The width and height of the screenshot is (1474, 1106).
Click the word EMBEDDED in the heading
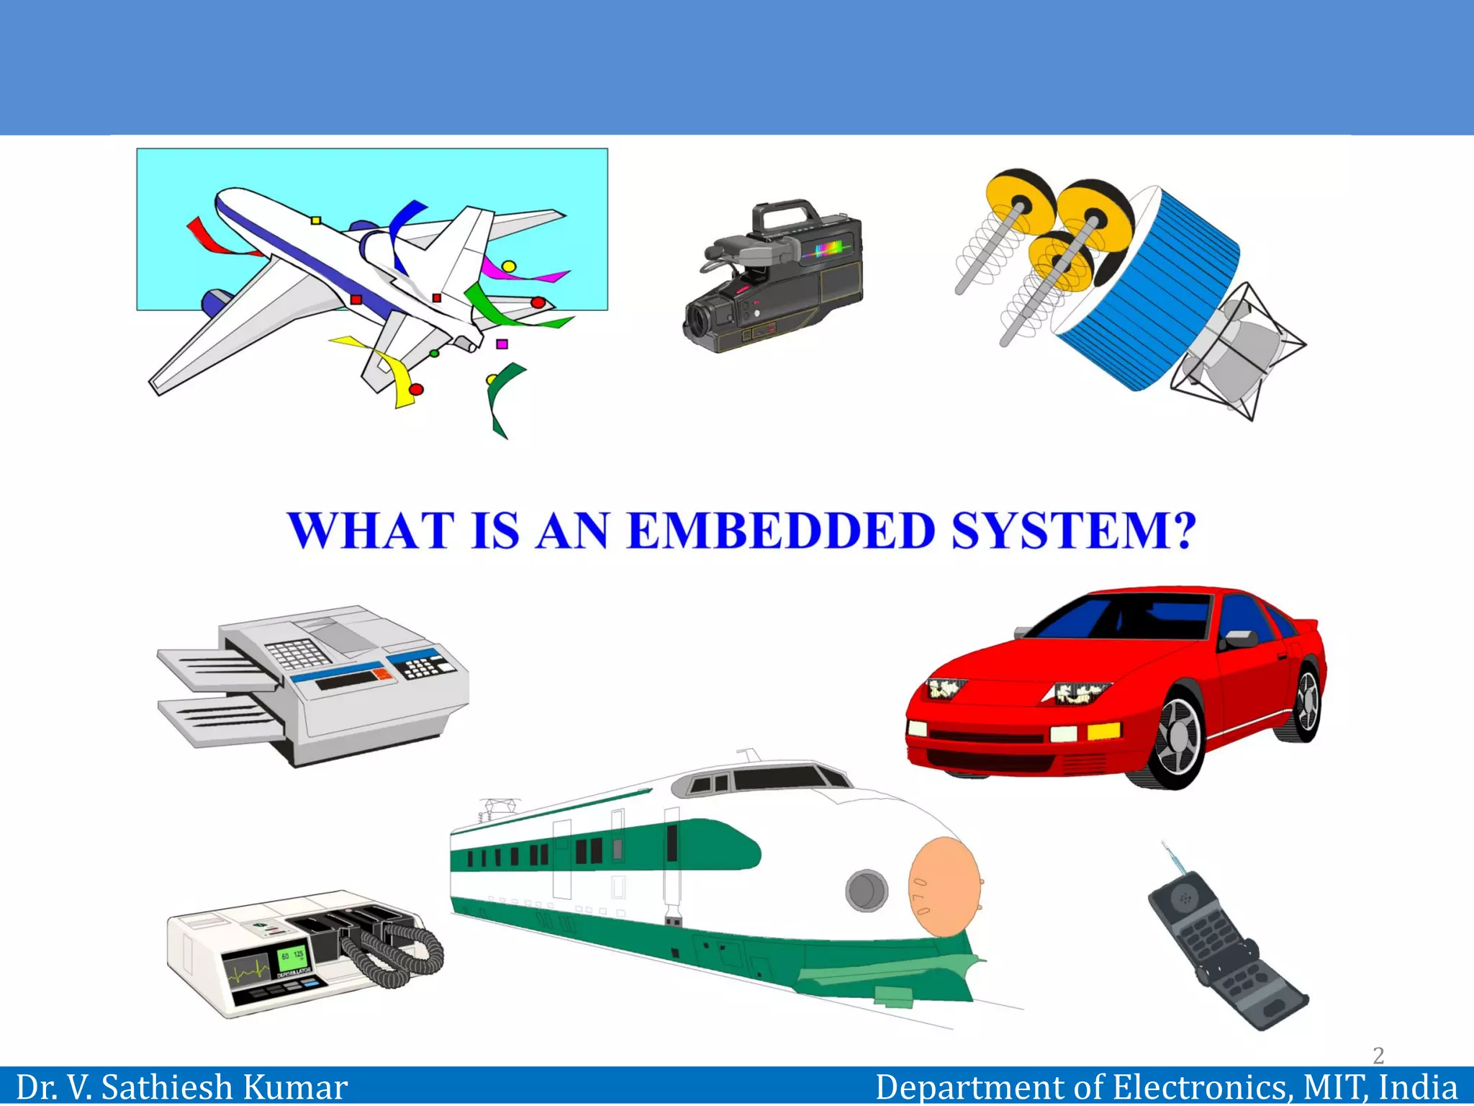(x=781, y=531)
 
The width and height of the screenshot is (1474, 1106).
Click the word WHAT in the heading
(x=371, y=531)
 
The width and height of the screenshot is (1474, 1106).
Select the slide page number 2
(x=1378, y=1056)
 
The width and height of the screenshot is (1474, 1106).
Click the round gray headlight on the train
(x=866, y=891)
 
